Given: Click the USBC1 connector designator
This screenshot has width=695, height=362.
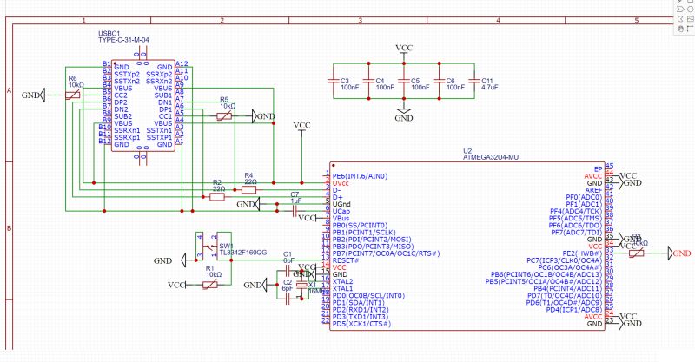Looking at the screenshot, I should (109, 33).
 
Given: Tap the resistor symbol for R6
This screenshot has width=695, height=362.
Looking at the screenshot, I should (73, 95).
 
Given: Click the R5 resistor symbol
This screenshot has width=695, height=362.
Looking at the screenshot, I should (224, 115).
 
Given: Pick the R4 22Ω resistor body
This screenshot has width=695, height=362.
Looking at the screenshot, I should (249, 190).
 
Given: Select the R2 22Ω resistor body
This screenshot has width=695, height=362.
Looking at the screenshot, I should (218, 197).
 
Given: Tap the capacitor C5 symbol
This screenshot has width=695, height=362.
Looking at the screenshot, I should (405, 84).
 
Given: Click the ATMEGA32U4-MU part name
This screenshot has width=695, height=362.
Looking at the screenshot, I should (490, 157).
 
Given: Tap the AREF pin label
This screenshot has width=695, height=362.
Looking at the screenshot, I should (593, 190).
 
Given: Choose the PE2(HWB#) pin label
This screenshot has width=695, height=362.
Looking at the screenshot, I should (583, 253).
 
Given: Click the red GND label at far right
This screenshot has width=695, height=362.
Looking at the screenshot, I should (680, 253).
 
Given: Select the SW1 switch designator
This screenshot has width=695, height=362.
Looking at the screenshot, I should (225, 246).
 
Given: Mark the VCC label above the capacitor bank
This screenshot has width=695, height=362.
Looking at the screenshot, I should (404, 48).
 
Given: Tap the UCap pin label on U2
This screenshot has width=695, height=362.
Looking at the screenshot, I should (341, 211).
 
